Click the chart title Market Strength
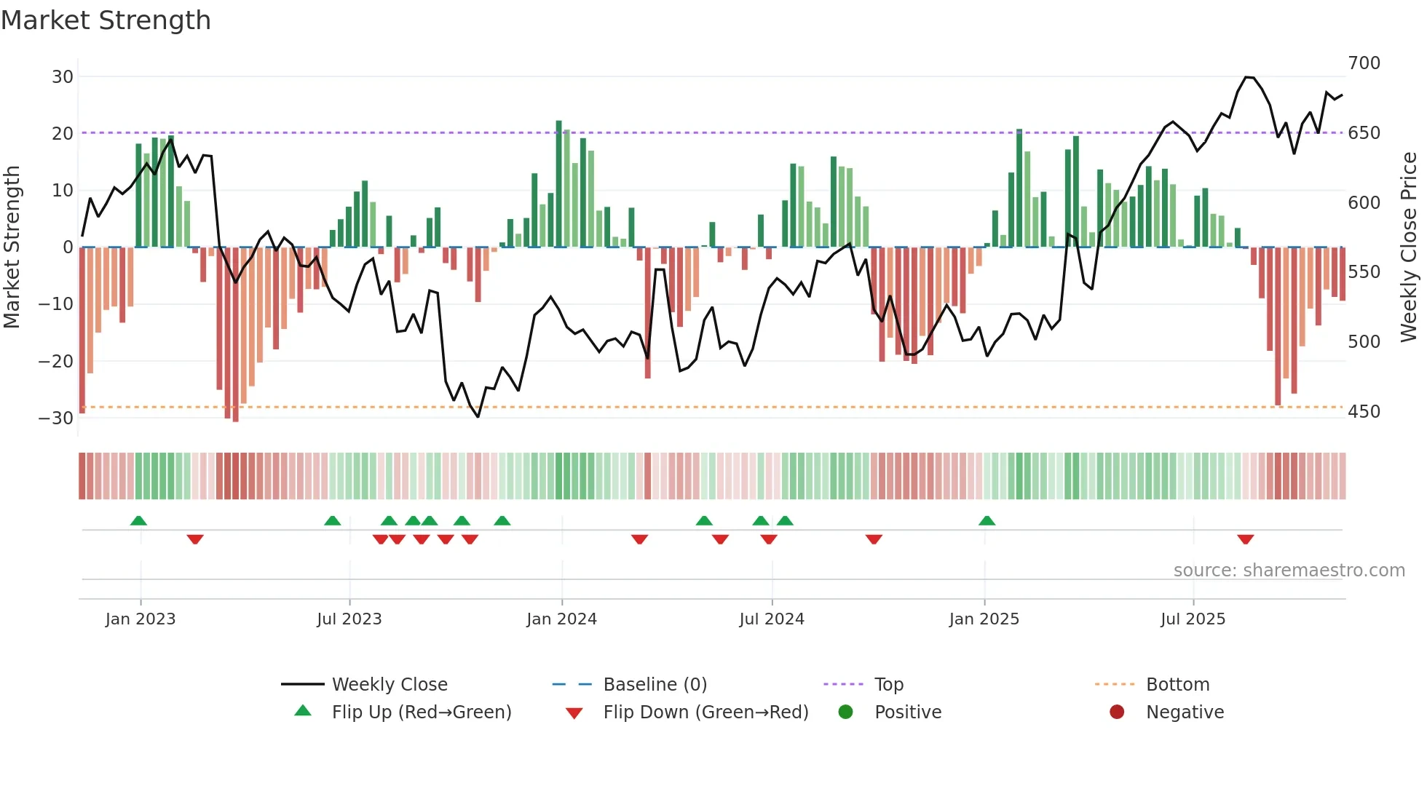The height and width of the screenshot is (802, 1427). pos(106,20)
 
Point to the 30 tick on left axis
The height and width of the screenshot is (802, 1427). pos(63,76)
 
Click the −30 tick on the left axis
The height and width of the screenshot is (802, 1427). pos(56,418)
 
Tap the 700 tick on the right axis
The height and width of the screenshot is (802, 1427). pos(1364,63)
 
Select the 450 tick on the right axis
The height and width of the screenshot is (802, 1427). pos(1364,412)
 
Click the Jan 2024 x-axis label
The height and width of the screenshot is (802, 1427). pos(561,619)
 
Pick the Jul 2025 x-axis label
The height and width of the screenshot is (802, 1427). pos(1193,619)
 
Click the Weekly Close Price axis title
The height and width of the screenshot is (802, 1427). pos(1409,247)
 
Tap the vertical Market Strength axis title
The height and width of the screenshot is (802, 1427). pos(12,247)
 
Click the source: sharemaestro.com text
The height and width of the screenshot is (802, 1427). pos(1289,571)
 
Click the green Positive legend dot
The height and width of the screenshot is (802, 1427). pos(845,712)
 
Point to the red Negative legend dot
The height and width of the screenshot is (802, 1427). pos(1117,712)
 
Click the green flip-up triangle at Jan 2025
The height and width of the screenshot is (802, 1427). pos(987,520)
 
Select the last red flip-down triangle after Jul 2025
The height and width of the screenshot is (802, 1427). pos(1245,539)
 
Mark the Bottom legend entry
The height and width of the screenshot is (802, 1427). pos(1177,685)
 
